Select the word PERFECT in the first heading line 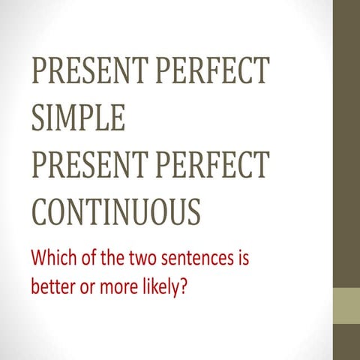coord(213,70)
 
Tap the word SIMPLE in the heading coord(77,117)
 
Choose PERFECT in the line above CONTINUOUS coord(213,164)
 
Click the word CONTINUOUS coord(115,211)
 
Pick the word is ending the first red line coord(241,260)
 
